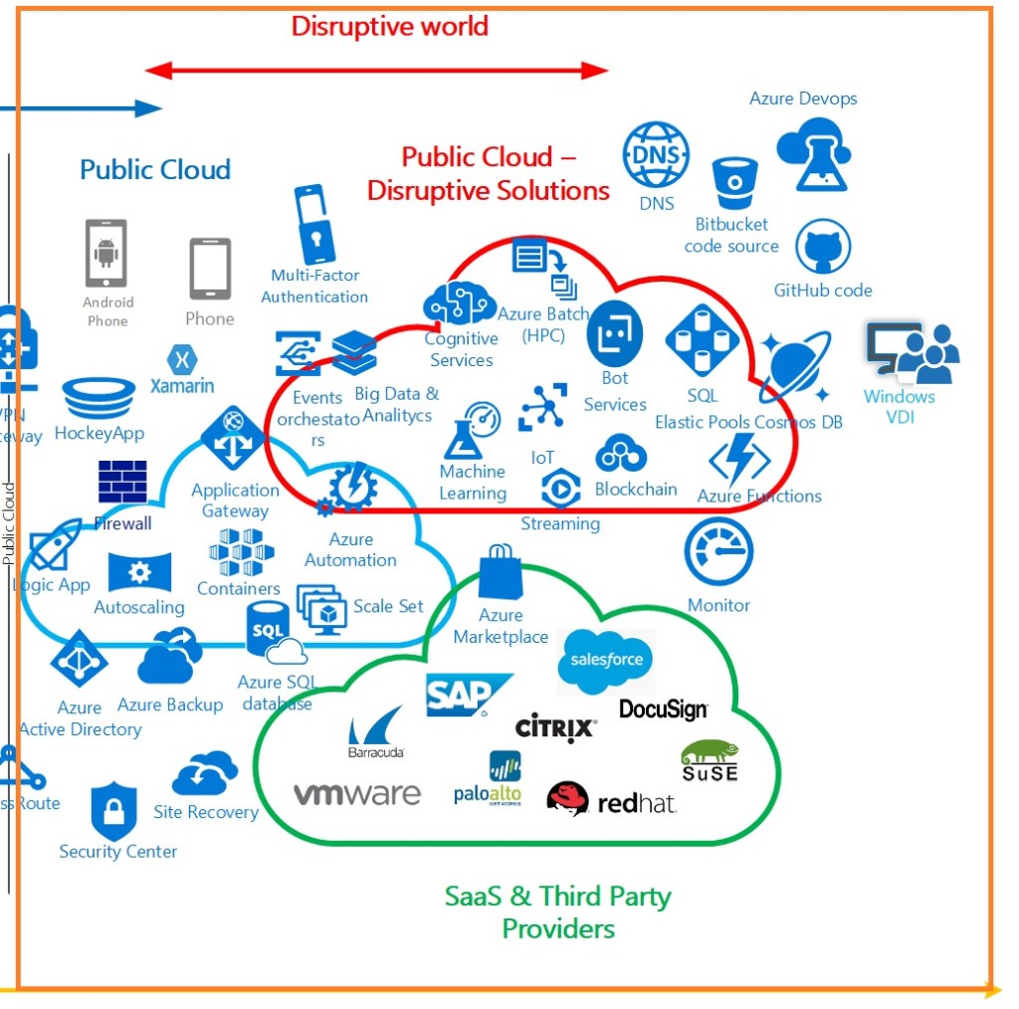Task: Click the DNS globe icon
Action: click(656, 155)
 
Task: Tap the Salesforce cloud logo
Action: click(605, 660)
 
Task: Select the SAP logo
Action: click(466, 695)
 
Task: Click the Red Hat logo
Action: click(611, 800)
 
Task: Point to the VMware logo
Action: click(356, 794)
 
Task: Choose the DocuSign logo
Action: click(663, 709)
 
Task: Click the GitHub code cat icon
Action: click(823, 248)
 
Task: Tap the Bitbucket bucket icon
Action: click(734, 183)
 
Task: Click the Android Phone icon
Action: click(106, 253)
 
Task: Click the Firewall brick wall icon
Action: click(122, 482)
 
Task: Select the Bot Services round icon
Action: click(614, 334)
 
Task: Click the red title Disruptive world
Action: click(389, 26)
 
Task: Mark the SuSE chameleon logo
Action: click(709, 761)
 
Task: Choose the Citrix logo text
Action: click(555, 728)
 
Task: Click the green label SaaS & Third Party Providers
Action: click(557, 911)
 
